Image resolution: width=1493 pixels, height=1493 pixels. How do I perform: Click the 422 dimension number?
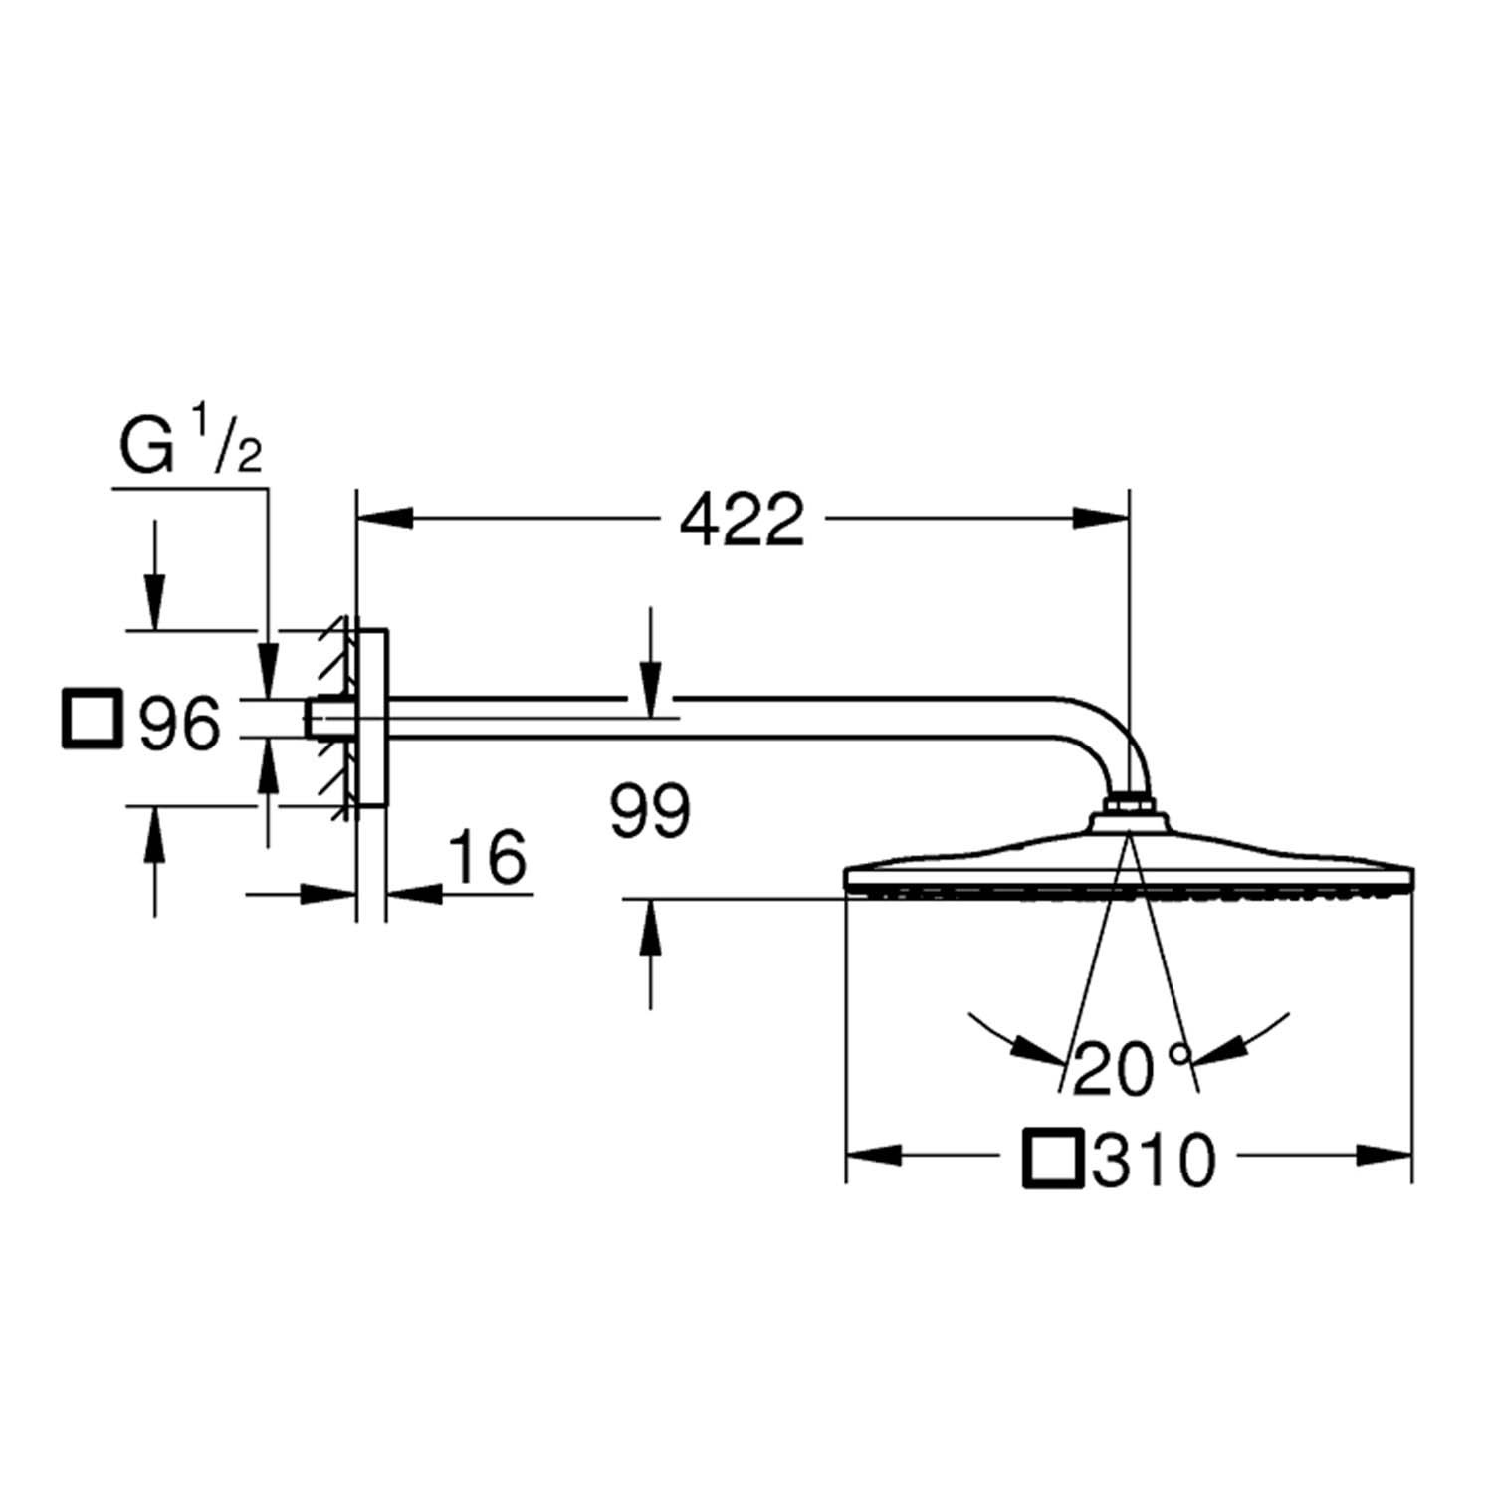(742, 519)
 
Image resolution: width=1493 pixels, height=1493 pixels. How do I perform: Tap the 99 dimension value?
(650, 811)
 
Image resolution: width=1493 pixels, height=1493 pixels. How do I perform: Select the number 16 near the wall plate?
(487, 857)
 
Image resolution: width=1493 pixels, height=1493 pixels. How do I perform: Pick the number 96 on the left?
(179, 724)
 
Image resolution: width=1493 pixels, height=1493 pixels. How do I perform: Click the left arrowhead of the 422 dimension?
(384, 518)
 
